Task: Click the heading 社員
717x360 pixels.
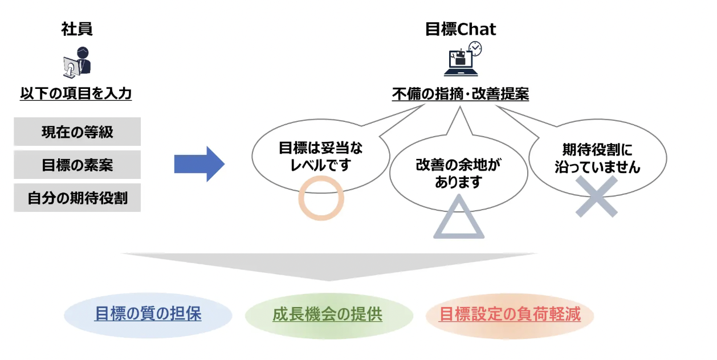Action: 77,29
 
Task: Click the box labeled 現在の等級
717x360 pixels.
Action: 77,132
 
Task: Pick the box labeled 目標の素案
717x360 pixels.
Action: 77,165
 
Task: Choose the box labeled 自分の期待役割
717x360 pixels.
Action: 77,198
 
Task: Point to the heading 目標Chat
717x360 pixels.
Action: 461,29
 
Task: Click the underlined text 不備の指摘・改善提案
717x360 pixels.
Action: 461,94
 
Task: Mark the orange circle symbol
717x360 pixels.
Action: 321,197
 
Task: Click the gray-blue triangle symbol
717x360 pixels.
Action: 459,220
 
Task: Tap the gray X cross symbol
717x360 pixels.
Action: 596,197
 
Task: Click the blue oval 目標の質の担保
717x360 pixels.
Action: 148,314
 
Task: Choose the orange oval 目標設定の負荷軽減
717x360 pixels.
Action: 510,314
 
